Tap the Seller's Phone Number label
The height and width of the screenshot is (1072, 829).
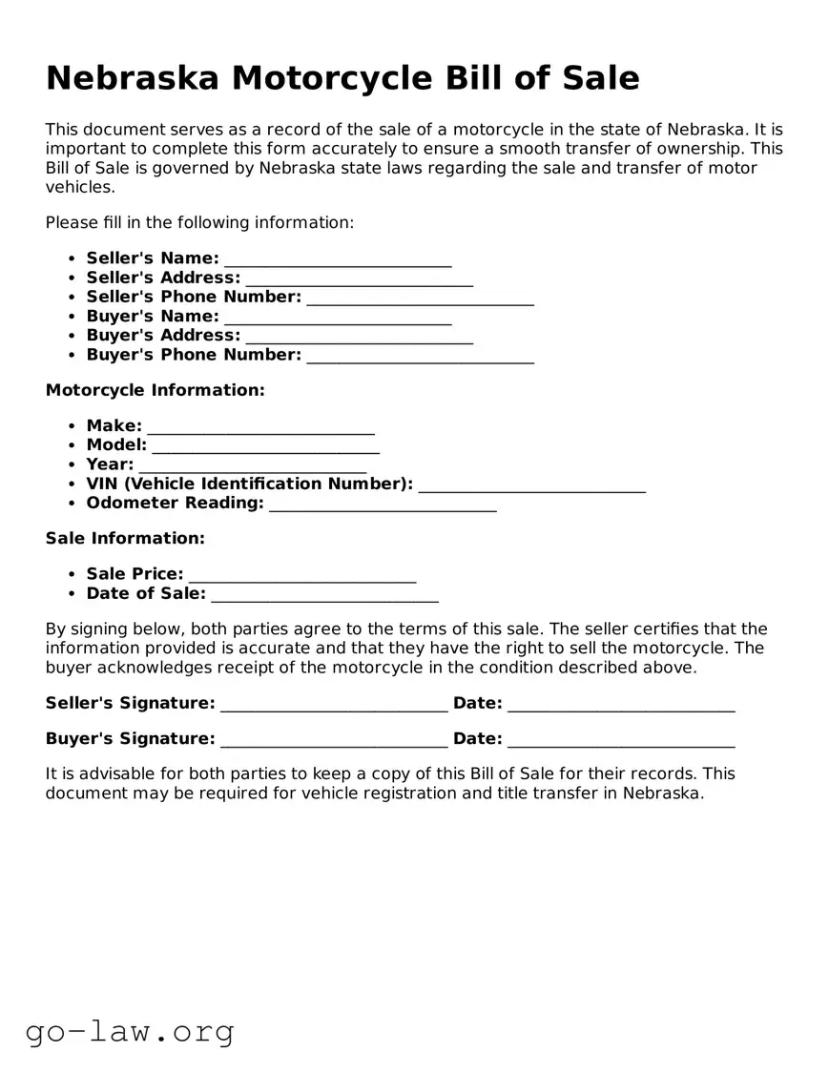pos(194,298)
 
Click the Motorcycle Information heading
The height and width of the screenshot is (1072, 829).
pos(155,390)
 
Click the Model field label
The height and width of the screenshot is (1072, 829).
pos(116,445)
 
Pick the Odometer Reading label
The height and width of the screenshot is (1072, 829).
pos(175,503)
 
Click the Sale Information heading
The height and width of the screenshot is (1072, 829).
pos(125,538)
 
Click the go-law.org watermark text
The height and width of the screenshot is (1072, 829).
pos(130,1031)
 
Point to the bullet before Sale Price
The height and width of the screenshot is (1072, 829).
pos(72,575)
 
